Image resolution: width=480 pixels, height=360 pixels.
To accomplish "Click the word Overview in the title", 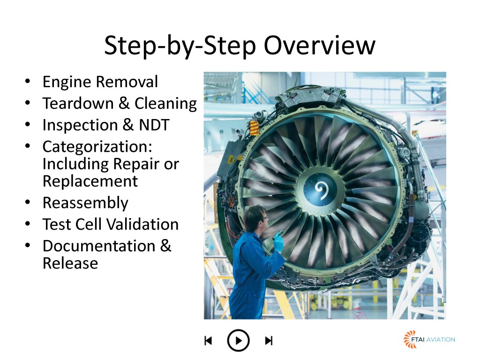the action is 319,45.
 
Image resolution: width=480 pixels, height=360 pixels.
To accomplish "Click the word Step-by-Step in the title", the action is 180,46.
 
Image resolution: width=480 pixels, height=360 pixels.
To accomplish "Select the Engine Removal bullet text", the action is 100,82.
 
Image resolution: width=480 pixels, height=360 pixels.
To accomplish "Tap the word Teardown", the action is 78,103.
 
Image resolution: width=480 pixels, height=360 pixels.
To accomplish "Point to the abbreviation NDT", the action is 154,125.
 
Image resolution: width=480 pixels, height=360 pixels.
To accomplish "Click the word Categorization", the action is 97,147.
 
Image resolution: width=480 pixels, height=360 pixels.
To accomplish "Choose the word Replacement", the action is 90,181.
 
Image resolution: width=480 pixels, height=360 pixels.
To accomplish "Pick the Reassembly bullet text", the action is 85,203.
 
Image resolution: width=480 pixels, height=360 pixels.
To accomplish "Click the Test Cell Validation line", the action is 111,225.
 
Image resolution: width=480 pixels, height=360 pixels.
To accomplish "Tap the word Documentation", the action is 99,246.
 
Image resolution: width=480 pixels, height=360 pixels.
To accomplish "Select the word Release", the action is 70,263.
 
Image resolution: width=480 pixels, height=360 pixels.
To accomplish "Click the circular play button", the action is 238,340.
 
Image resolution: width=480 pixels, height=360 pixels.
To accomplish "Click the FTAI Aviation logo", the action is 429,339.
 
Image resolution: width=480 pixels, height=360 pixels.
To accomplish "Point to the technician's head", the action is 256,217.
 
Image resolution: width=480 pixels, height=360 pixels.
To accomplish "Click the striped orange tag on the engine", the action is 255,128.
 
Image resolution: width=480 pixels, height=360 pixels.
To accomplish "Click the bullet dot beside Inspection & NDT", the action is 28,125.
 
